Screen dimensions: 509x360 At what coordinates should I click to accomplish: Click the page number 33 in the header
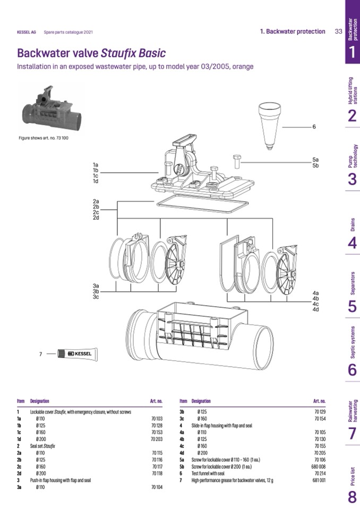point(338,31)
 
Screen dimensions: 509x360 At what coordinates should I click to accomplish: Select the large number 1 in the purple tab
point(352,52)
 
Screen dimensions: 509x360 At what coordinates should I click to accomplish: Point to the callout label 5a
point(315,160)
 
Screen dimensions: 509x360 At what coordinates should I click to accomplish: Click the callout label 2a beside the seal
point(96,201)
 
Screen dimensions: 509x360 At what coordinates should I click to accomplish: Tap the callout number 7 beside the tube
point(41,354)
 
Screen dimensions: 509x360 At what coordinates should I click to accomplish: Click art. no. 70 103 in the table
point(156,419)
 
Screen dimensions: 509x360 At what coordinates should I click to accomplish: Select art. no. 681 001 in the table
point(319,480)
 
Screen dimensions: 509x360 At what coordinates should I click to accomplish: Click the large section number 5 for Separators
point(352,307)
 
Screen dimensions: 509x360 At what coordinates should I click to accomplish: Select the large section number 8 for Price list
point(352,497)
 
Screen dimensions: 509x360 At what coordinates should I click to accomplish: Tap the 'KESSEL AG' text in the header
point(27,32)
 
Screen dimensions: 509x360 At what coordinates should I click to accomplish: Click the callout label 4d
point(315,309)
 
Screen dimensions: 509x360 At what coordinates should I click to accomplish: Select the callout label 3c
point(96,297)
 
